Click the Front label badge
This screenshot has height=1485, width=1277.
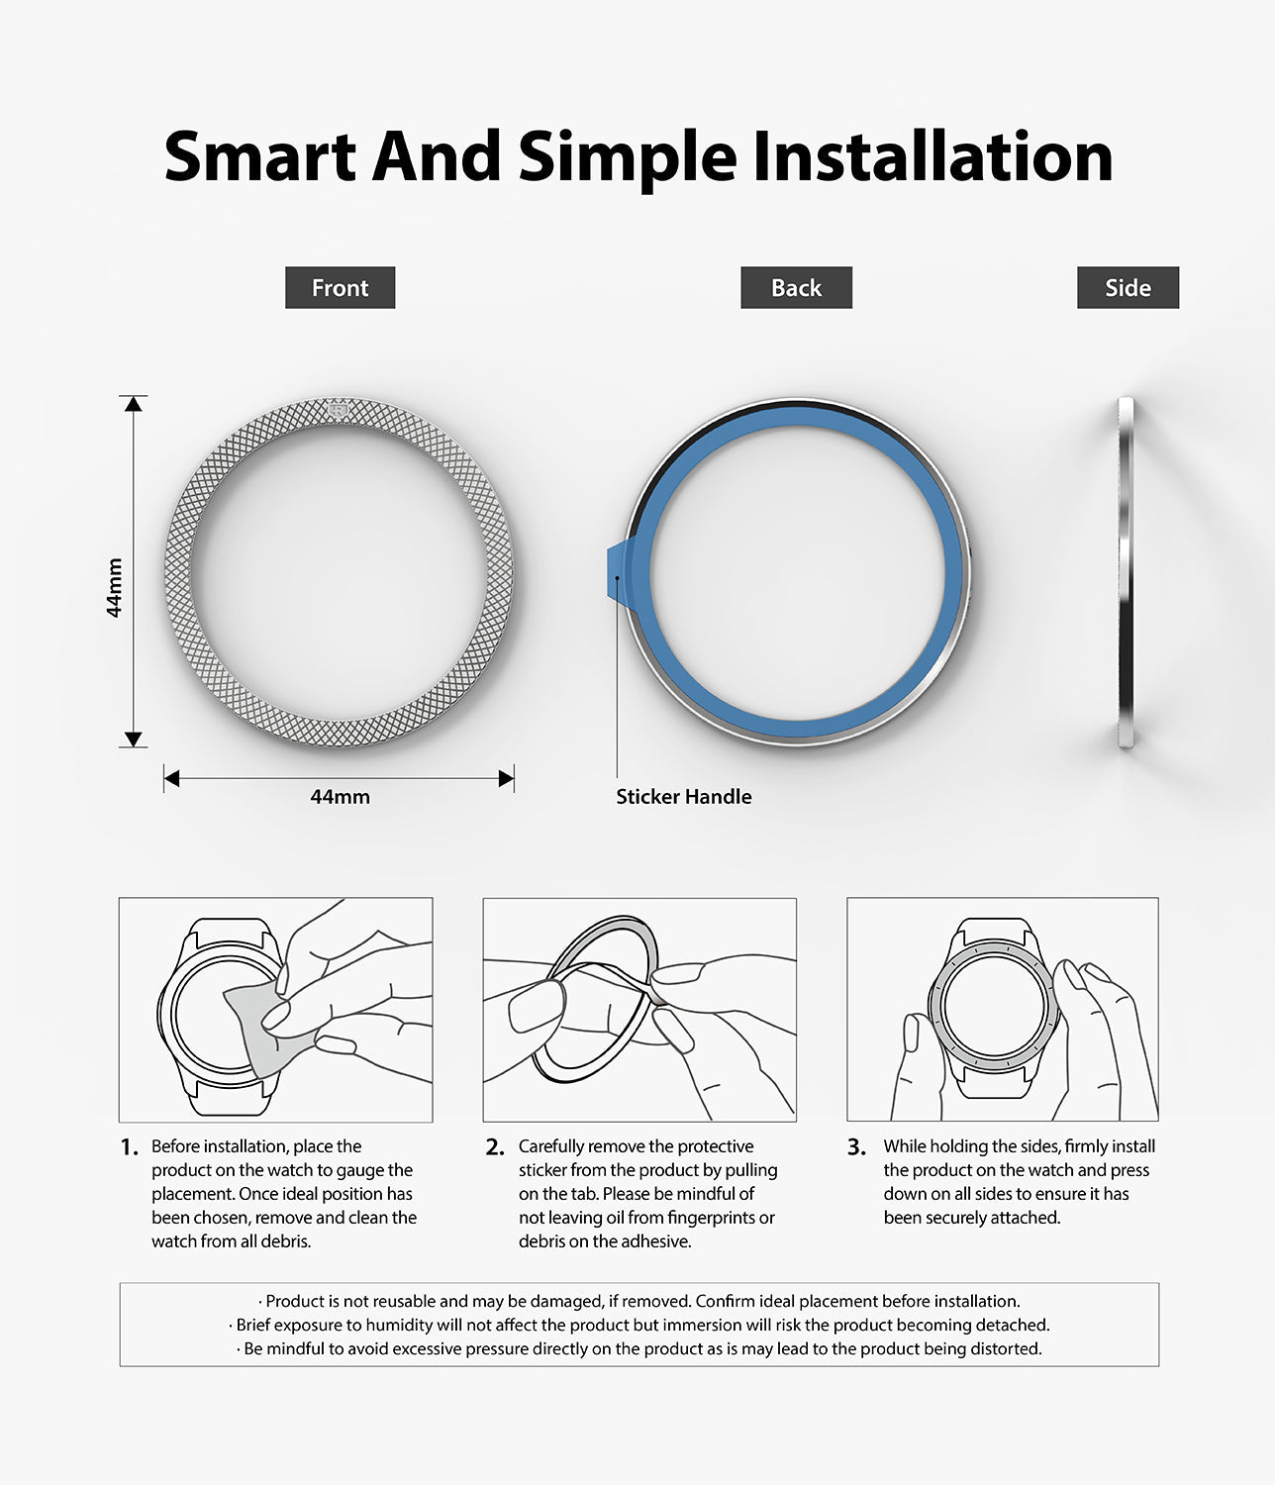click(x=340, y=287)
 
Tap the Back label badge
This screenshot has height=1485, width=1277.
click(x=796, y=287)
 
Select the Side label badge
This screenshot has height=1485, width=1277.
click(x=1128, y=287)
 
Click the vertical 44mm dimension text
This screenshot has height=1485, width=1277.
click(x=114, y=587)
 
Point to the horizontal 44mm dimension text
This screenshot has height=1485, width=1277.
click(x=340, y=796)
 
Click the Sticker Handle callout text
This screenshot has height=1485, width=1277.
click(x=684, y=796)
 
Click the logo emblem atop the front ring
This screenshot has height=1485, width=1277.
click(x=338, y=410)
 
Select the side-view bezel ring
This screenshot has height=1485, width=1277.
click(x=1126, y=572)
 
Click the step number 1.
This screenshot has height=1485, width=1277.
click(x=130, y=1147)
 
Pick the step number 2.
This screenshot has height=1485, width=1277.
click(x=495, y=1147)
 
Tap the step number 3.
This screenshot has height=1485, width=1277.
click(x=856, y=1147)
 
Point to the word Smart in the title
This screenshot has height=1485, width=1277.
click(x=259, y=157)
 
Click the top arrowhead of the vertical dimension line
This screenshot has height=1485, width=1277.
click(x=133, y=404)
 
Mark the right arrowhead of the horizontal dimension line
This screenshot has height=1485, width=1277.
click(x=507, y=778)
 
